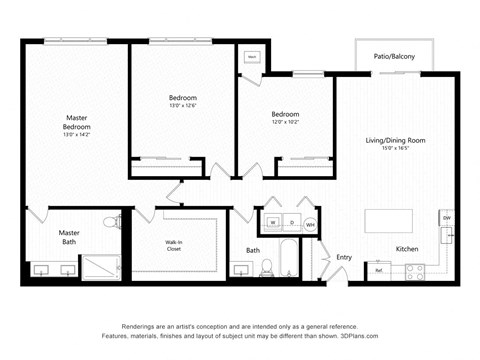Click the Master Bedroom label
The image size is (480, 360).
[x=77, y=123]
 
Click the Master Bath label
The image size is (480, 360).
[x=69, y=237]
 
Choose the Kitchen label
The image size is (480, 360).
[x=407, y=249]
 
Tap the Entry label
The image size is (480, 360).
[x=343, y=257]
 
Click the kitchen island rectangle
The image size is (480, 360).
[x=390, y=220]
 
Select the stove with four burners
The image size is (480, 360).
[x=415, y=269]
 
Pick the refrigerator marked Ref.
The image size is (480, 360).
[x=380, y=269]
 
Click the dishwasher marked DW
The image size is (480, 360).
[x=447, y=218]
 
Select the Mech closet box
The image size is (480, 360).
[x=252, y=58]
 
